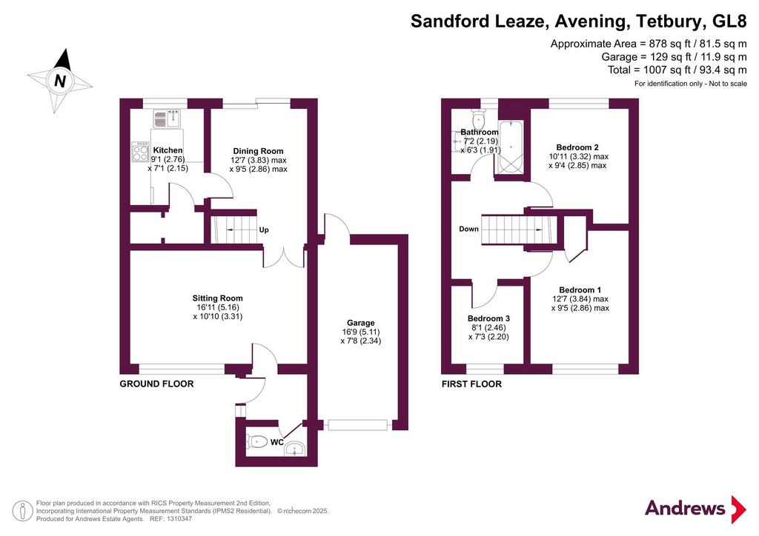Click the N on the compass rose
pyautogui.click(x=60, y=80)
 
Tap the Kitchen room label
pyautogui.click(x=168, y=150)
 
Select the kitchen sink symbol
pyautogui.click(x=167, y=119)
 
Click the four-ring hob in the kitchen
pyautogui.click(x=140, y=151)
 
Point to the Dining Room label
pyautogui.click(x=258, y=151)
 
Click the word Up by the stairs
pyautogui.click(x=264, y=230)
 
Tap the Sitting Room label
pyautogui.click(x=217, y=298)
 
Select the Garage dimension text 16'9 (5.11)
pyautogui.click(x=361, y=332)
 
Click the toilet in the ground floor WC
pyautogui.click(x=257, y=441)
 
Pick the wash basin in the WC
pyautogui.click(x=294, y=449)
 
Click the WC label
pyautogui.click(x=277, y=442)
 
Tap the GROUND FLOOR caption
pyautogui.click(x=157, y=383)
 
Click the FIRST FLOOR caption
pyautogui.click(x=471, y=384)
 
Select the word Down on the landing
pyautogui.click(x=468, y=229)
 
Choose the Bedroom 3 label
pyautogui.click(x=488, y=318)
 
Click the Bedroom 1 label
pyautogui.click(x=580, y=290)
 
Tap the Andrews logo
pyautogui.click(x=695, y=509)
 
